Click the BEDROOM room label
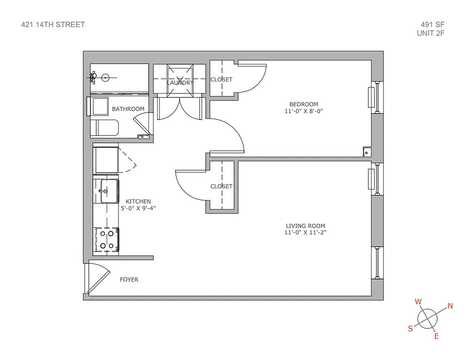304,104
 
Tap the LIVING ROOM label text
305,226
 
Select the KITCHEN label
138,202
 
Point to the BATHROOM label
128,109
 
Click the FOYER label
129,279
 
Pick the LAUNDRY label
180,83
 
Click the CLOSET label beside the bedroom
222,80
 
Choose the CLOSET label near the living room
222,186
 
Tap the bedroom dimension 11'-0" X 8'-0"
304,111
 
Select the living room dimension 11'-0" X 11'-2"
305,233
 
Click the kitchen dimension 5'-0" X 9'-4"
138,208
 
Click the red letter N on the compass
450,306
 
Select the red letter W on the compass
418,301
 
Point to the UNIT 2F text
431,33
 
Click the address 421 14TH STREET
53,25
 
